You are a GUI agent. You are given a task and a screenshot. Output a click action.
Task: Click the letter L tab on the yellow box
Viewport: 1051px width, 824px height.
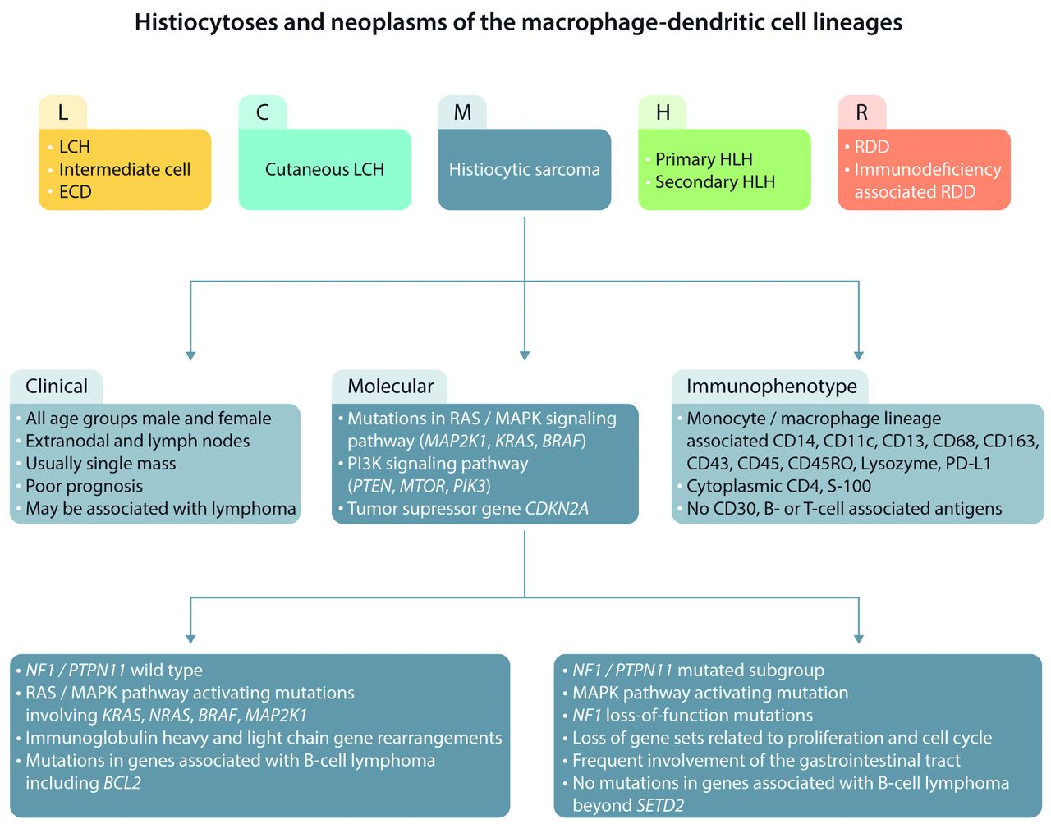coord(63,112)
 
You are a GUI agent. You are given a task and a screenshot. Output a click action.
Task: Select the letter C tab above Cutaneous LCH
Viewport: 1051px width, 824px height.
coord(263,112)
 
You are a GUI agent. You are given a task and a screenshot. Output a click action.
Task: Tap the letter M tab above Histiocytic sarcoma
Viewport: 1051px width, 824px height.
coord(462,112)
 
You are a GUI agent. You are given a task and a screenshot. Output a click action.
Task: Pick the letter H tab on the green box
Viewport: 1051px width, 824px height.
coord(663,112)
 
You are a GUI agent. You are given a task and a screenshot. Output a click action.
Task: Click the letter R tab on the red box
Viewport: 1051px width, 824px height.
coord(861,112)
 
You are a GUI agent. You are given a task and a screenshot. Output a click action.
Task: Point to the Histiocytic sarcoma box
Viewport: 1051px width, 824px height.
coord(525,170)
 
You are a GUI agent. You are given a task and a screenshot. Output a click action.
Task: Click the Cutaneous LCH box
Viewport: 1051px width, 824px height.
coord(324,170)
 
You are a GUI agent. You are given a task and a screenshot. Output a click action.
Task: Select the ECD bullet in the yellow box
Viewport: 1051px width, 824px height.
coord(75,192)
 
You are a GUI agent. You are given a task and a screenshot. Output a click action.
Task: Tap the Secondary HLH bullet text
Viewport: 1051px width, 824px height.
coord(714,182)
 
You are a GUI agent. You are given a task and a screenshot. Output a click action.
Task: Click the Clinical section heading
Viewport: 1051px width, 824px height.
coord(57,387)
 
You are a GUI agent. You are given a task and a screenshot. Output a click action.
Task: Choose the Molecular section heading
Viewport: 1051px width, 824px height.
coord(390,387)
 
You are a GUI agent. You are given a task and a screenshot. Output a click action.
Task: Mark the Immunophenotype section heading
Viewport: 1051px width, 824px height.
coord(771,387)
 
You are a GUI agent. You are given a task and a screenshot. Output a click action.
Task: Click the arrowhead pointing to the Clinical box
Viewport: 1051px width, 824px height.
coord(190,355)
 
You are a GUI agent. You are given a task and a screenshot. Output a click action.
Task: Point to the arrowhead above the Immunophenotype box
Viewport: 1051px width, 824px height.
coord(859,355)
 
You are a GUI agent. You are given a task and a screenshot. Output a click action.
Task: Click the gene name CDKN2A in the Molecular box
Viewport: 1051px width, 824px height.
coord(557,509)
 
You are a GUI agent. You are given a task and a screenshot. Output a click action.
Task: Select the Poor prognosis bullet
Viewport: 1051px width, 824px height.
coord(84,487)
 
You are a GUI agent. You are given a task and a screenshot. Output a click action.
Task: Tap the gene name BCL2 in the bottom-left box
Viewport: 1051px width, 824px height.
coord(122,783)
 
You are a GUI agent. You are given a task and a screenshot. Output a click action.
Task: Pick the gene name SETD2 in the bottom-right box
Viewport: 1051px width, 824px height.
coord(660,806)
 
